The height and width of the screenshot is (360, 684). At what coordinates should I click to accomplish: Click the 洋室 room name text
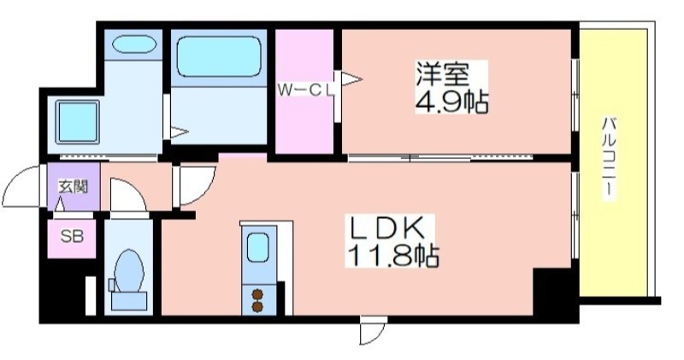point(442,74)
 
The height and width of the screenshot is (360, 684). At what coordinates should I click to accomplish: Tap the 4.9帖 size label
point(451,102)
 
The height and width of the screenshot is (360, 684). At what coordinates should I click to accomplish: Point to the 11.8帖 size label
point(392,256)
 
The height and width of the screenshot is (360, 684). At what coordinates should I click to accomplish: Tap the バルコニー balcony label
point(610,158)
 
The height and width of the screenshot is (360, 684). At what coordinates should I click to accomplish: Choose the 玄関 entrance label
point(74,186)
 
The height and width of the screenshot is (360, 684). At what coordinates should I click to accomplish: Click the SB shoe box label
point(72,237)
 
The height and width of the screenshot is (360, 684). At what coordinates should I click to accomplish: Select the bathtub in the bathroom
point(220,56)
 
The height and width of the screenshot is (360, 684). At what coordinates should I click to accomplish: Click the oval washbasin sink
point(134,44)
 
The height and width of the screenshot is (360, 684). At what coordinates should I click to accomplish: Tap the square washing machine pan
point(77,122)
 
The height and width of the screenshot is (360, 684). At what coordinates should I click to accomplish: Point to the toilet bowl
point(129,270)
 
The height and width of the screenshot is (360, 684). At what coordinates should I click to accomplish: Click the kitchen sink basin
point(258,247)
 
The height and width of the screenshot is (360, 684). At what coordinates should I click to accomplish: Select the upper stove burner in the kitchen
point(258,294)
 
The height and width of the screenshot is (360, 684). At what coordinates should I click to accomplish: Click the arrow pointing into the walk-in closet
point(351,80)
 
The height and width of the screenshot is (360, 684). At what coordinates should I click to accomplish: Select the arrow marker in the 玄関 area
point(61,204)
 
